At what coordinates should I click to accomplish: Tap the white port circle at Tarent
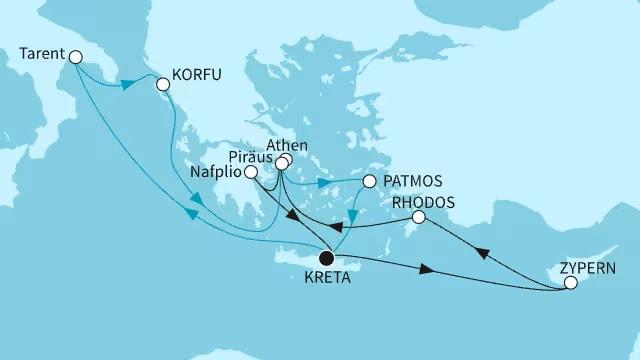click(x=75, y=59)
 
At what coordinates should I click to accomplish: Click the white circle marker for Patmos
click(x=370, y=182)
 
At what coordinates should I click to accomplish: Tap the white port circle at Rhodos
click(x=419, y=217)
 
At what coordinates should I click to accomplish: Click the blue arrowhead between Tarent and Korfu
click(x=129, y=85)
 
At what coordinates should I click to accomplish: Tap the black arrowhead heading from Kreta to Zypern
click(x=428, y=269)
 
